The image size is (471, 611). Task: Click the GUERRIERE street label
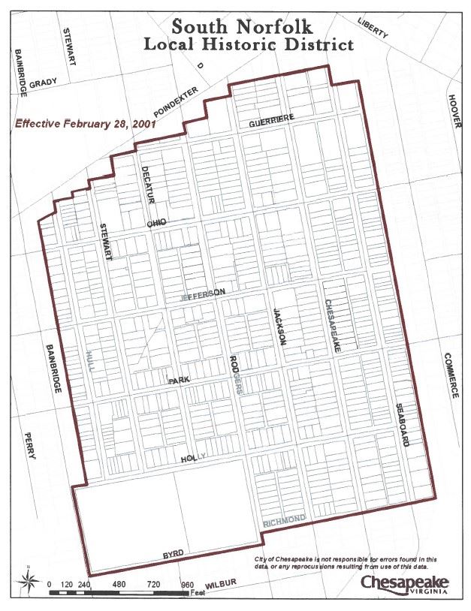click(x=270, y=120)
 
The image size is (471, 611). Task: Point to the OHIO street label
click(x=155, y=223)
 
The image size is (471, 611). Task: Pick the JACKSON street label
click(x=279, y=327)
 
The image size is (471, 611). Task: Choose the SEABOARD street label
click(x=402, y=426)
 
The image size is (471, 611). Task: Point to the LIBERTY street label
click(x=373, y=28)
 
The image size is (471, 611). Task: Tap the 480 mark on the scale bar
click(x=119, y=584)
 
